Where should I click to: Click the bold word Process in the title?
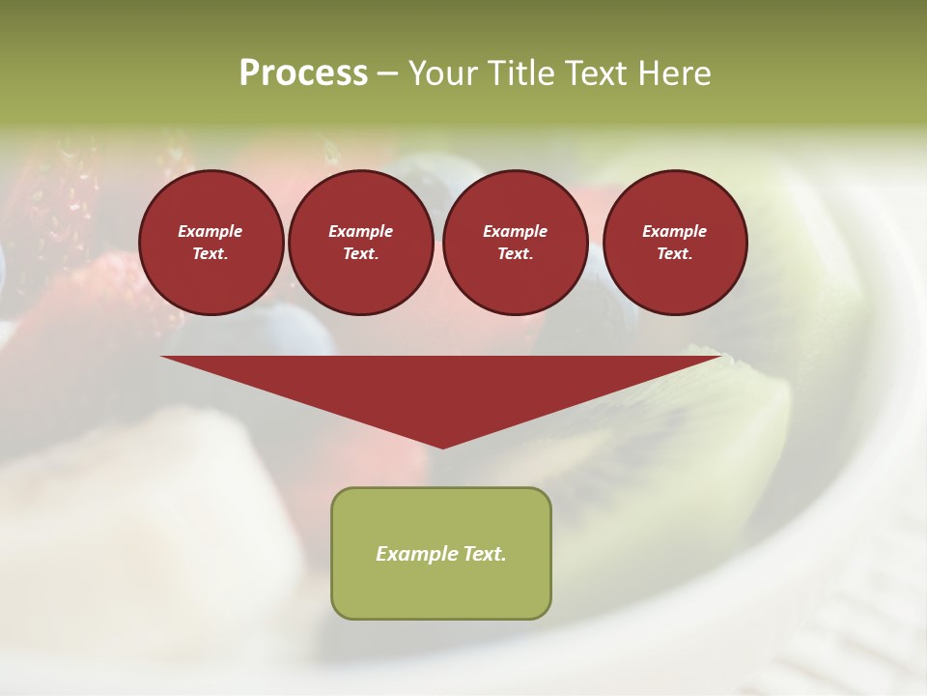(x=303, y=73)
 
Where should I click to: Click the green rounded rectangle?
(x=441, y=590)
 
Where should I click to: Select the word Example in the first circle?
(x=211, y=231)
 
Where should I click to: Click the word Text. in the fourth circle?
(x=675, y=253)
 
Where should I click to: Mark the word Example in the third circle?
(x=515, y=231)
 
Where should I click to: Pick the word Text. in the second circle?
(x=361, y=253)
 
